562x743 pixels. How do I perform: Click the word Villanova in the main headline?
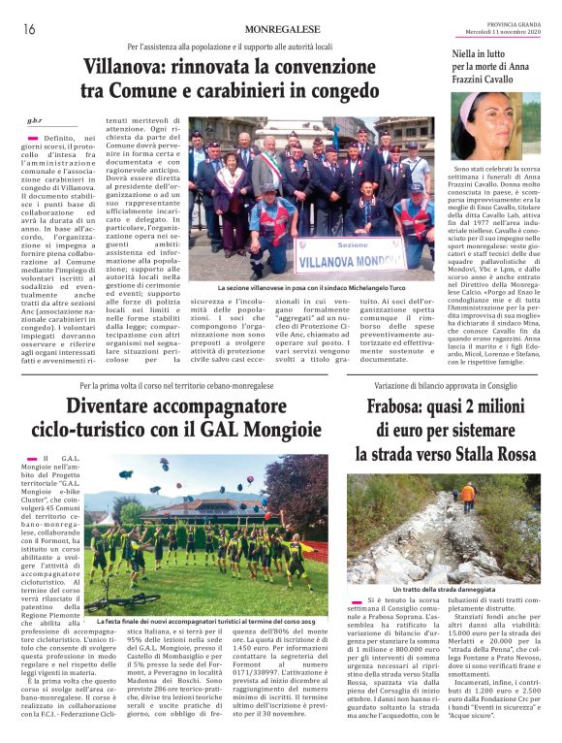124,68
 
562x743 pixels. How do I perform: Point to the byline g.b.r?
35,121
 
